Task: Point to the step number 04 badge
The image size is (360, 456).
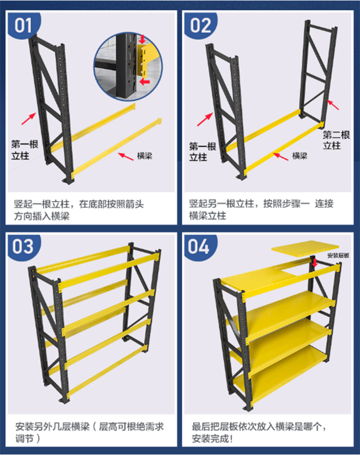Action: (x=200, y=247)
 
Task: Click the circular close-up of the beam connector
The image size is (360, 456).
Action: (x=128, y=67)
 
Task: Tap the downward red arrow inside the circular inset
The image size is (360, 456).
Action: (x=142, y=39)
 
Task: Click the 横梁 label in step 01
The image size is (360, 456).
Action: (x=144, y=156)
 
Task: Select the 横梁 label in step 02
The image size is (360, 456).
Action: (x=300, y=156)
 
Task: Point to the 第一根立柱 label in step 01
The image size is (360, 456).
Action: (x=24, y=150)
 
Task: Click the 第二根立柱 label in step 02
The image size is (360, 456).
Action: (x=336, y=140)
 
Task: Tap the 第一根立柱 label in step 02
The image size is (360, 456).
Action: (x=203, y=152)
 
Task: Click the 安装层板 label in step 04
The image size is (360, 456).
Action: (x=338, y=255)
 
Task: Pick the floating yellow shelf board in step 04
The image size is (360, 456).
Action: (x=305, y=248)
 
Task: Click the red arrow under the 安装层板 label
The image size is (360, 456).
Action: (x=314, y=262)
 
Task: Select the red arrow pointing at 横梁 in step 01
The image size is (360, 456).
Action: (x=126, y=156)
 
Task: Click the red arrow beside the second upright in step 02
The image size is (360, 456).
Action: (x=333, y=105)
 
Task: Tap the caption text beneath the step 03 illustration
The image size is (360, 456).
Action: (x=89, y=432)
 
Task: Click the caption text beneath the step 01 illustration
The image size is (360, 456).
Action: (x=79, y=210)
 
